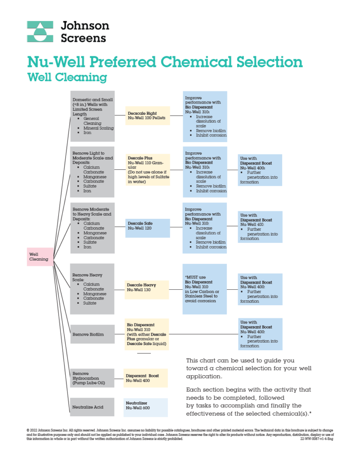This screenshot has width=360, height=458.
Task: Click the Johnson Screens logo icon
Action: (x=40, y=31)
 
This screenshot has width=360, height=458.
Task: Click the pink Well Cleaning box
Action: (x=40, y=257)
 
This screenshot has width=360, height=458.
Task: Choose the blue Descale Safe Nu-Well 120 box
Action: (x=147, y=228)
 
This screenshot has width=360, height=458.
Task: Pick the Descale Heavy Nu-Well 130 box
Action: (x=146, y=287)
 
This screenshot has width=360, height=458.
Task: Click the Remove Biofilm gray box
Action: (x=92, y=334)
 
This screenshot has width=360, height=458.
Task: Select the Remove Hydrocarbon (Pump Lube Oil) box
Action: (x=92, y=378)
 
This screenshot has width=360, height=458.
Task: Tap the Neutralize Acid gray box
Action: (x=92, y=407)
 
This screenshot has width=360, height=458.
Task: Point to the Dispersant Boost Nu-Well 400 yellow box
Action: (x=146, y=378)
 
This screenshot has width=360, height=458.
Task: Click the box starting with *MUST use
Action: (x=204, y=289)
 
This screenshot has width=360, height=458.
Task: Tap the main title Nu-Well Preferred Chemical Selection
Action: (x=165, y=61)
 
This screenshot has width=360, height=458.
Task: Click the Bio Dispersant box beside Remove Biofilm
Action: (x=146, y=334)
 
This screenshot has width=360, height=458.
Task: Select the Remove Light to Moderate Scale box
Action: (x=92, y=172)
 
